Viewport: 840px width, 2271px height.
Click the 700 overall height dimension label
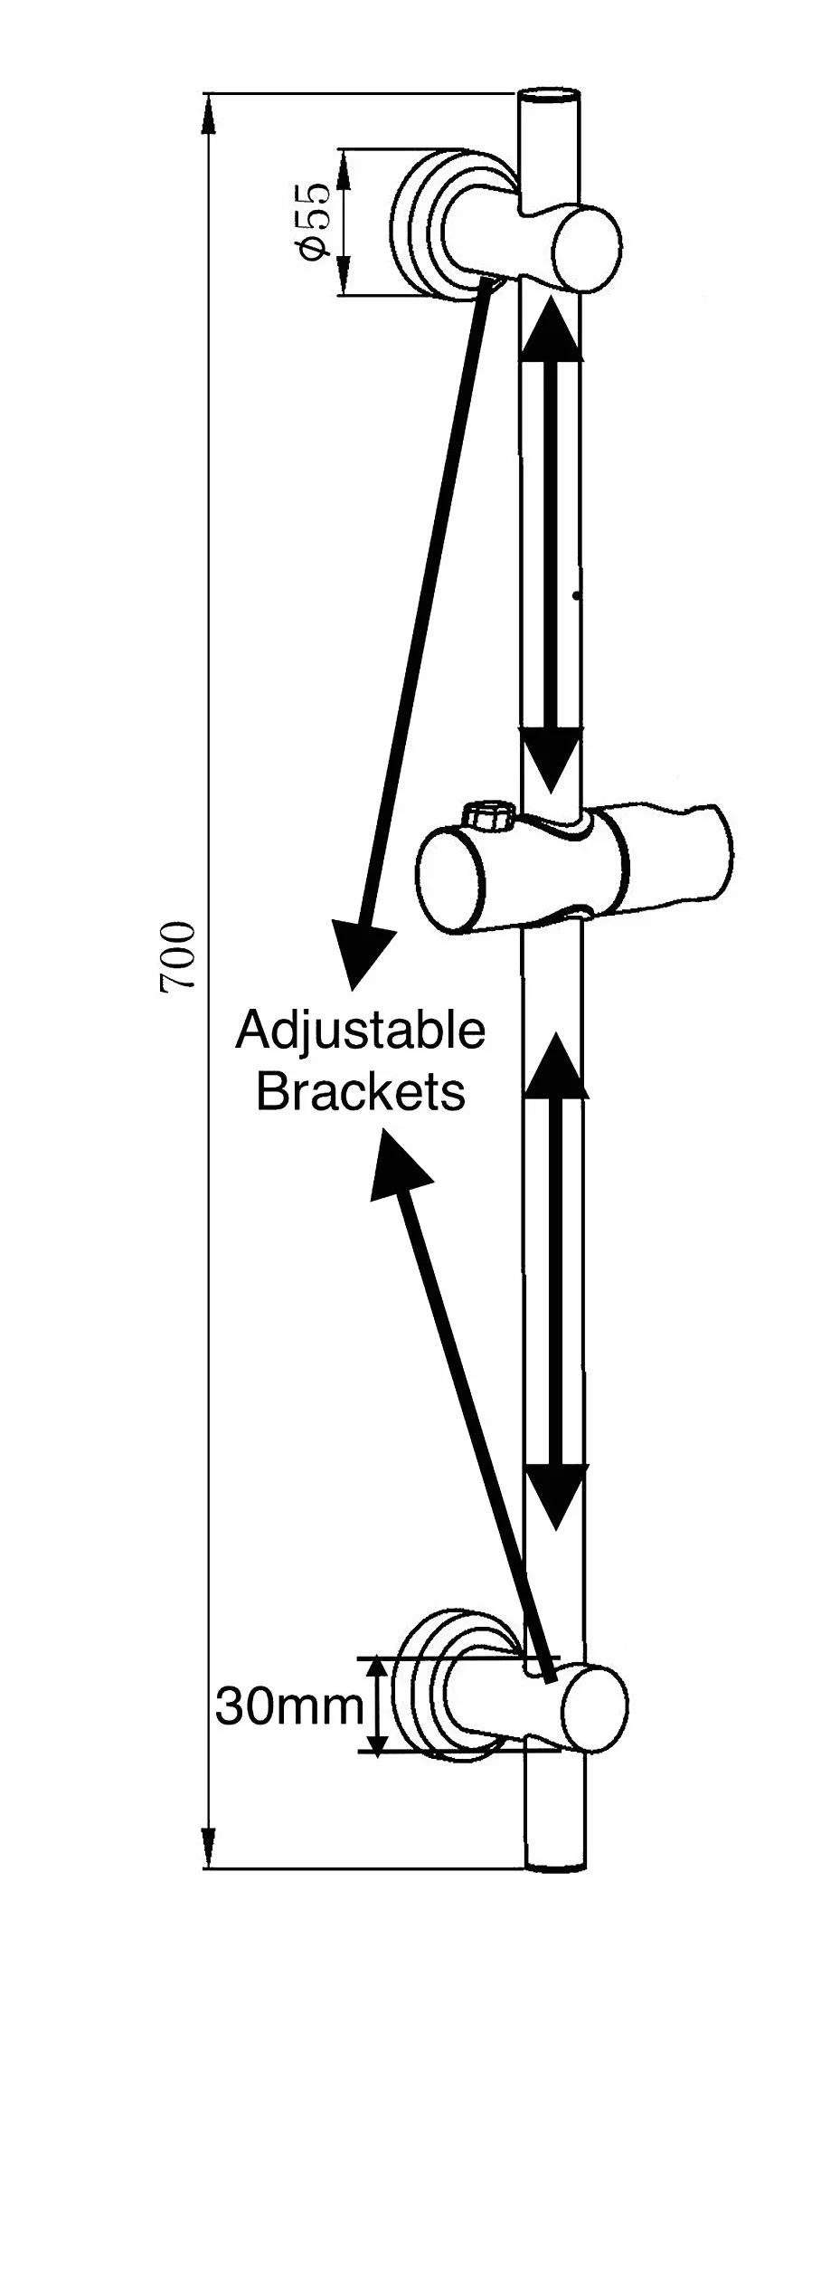pyautogui.click(x=178, y=956)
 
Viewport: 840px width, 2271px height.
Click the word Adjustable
pyautogui.click(x=361, y=1031)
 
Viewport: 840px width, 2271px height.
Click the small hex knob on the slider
pyautogui.click(x=488, y=816)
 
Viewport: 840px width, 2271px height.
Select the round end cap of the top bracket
pyautogui.click(x=588, y=250)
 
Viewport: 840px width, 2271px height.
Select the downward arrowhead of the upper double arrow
pyautogui.click(x=551, y=759)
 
